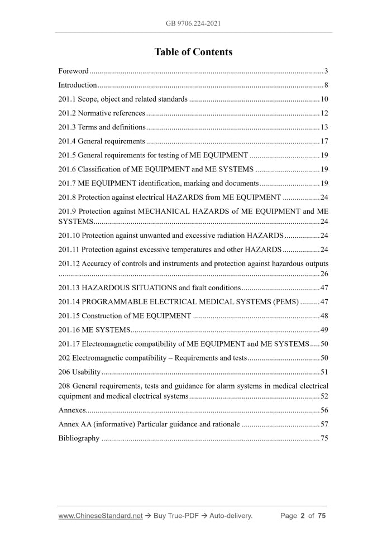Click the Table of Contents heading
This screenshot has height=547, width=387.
(193, 52)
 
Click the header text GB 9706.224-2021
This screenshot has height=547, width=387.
(193, 23)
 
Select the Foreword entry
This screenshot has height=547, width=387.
(73, 71)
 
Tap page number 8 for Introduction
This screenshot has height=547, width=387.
(326, 85)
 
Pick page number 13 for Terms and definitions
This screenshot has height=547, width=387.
(324, 127)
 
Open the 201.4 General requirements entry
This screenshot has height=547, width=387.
(102, 141)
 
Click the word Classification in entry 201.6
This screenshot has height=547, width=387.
(98, 169)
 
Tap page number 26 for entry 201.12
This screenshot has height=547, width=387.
(324, 273)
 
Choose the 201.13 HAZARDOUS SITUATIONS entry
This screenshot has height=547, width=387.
(149, 288)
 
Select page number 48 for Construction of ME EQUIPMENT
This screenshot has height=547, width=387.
(324, 316)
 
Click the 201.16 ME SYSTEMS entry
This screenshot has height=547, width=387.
(94, 330)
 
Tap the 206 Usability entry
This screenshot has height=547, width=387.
(79, 372)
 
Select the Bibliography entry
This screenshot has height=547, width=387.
(79, 438)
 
